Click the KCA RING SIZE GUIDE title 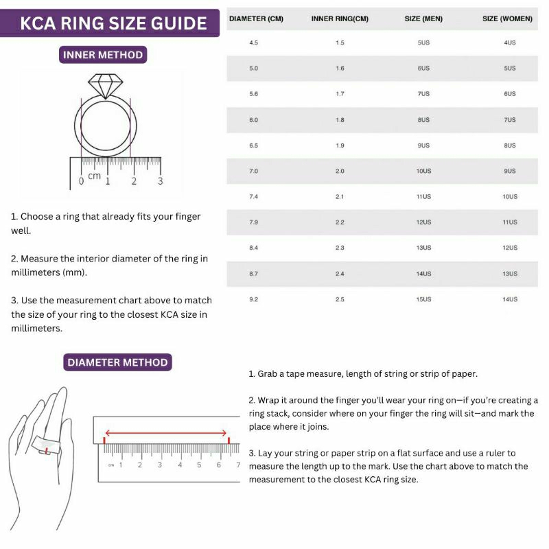tap(113, 23)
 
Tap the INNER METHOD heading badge tap(103, 55)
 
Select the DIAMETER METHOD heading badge tap(117, 362)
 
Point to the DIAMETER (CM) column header tap(256, 19)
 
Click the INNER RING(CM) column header tap(340, 19)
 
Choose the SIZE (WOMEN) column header tap(507, 19)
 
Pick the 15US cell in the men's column tap(423, 299)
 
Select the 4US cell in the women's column tap(509, 43)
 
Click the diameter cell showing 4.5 tap(254, 43)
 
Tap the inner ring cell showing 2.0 tap(340, 171)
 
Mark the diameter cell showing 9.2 tap(254, 299)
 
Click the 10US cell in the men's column tap(423, 171)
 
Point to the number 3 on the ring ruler tap(161, 181)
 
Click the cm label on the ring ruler tap(95, 176)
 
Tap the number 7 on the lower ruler tap(238, 465)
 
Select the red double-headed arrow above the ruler tap(166, 433)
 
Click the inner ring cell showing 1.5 tap(340, 43)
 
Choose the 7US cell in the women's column tap(509, 120)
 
